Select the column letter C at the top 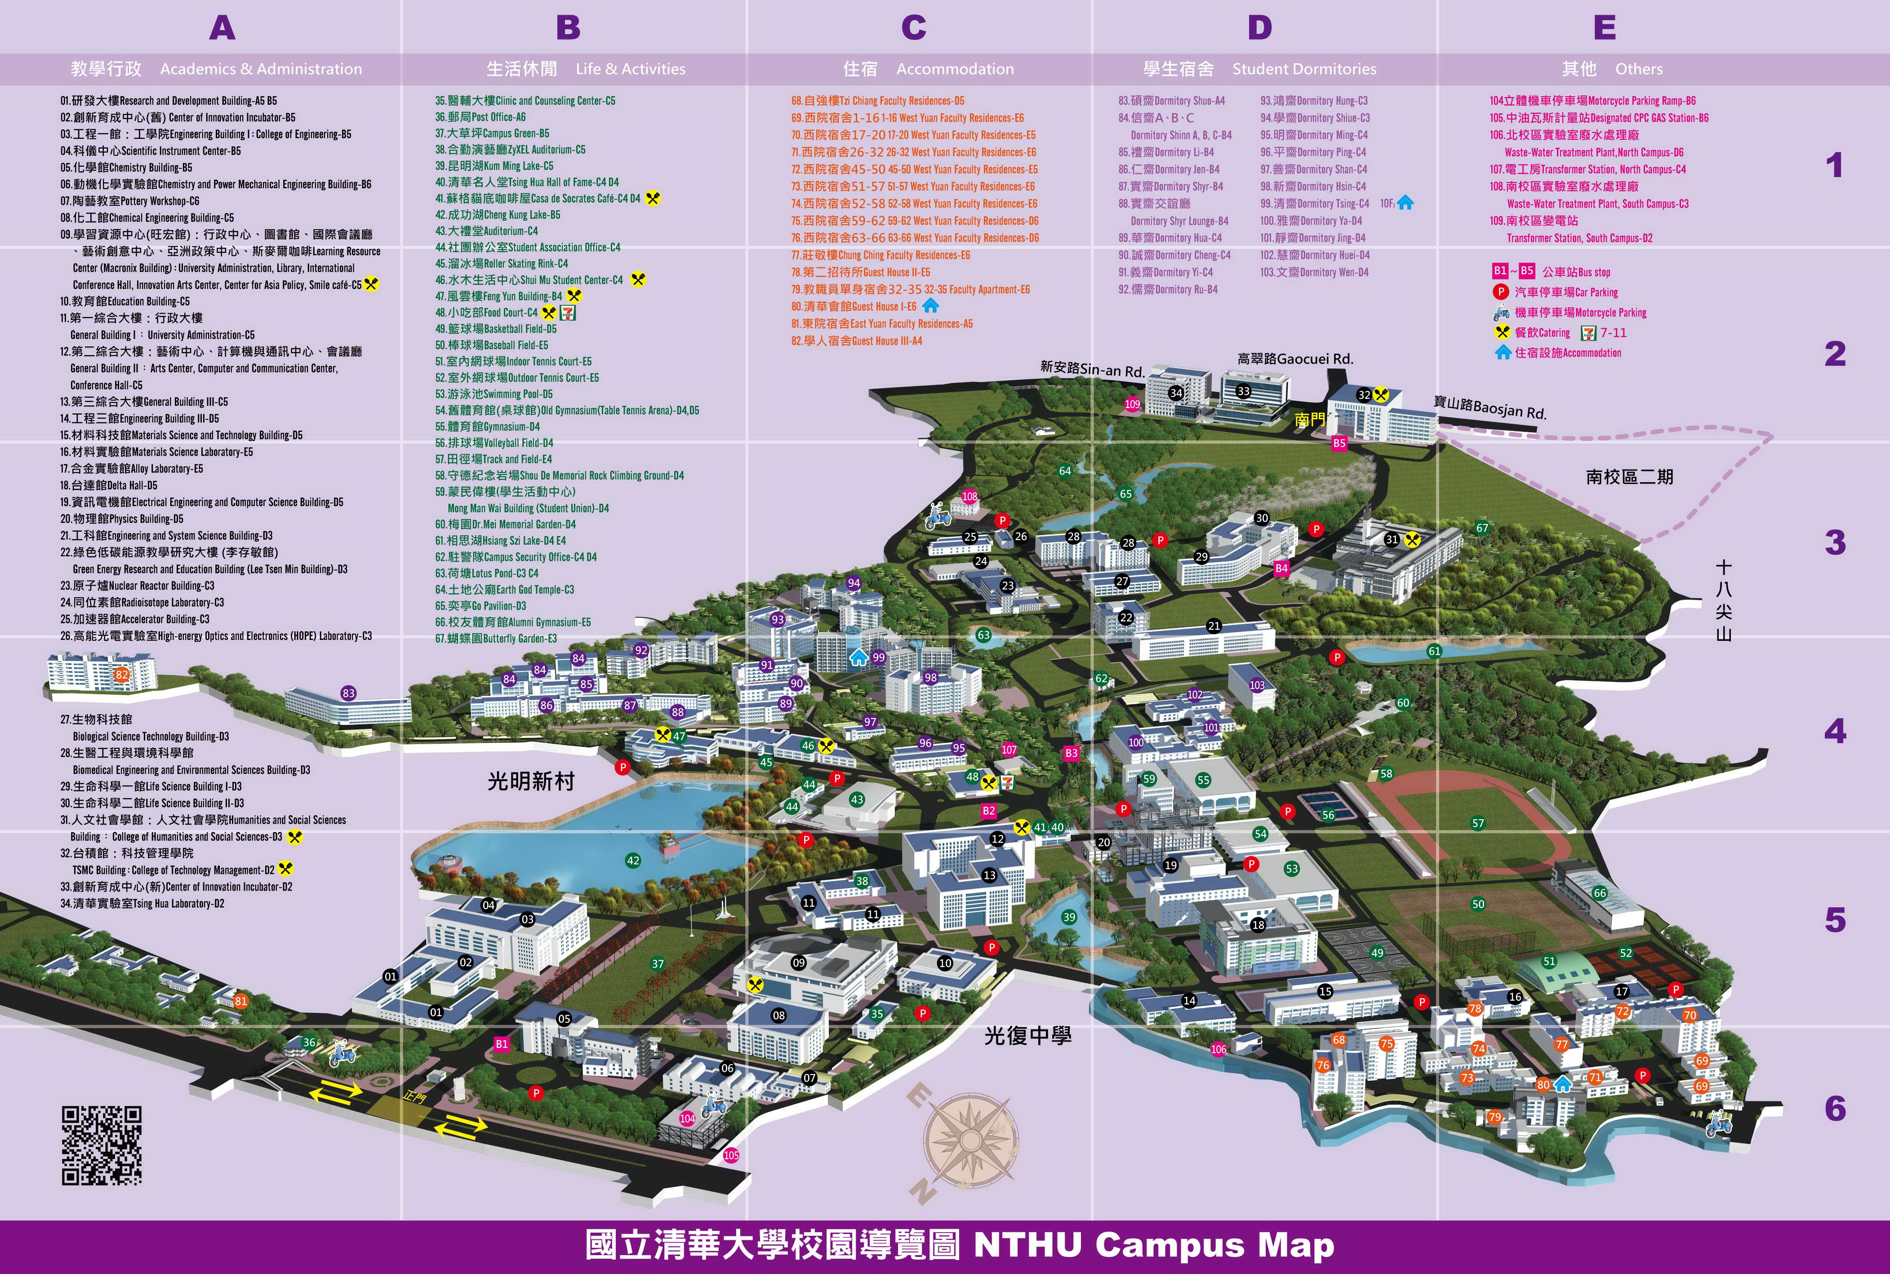(x=913, y=28)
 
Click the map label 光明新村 (x=531, y=781)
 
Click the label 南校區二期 (x=1629, y=477)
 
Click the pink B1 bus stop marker (x=501, y=1044)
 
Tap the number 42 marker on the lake (x=633, y=861)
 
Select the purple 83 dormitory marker (x=349, y=693)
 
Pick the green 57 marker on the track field (x=1477, y=823)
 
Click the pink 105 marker (x=731, y=1154)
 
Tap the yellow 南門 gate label (x=1309, y=419)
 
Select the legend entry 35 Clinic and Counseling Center (x=525, y=101)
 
